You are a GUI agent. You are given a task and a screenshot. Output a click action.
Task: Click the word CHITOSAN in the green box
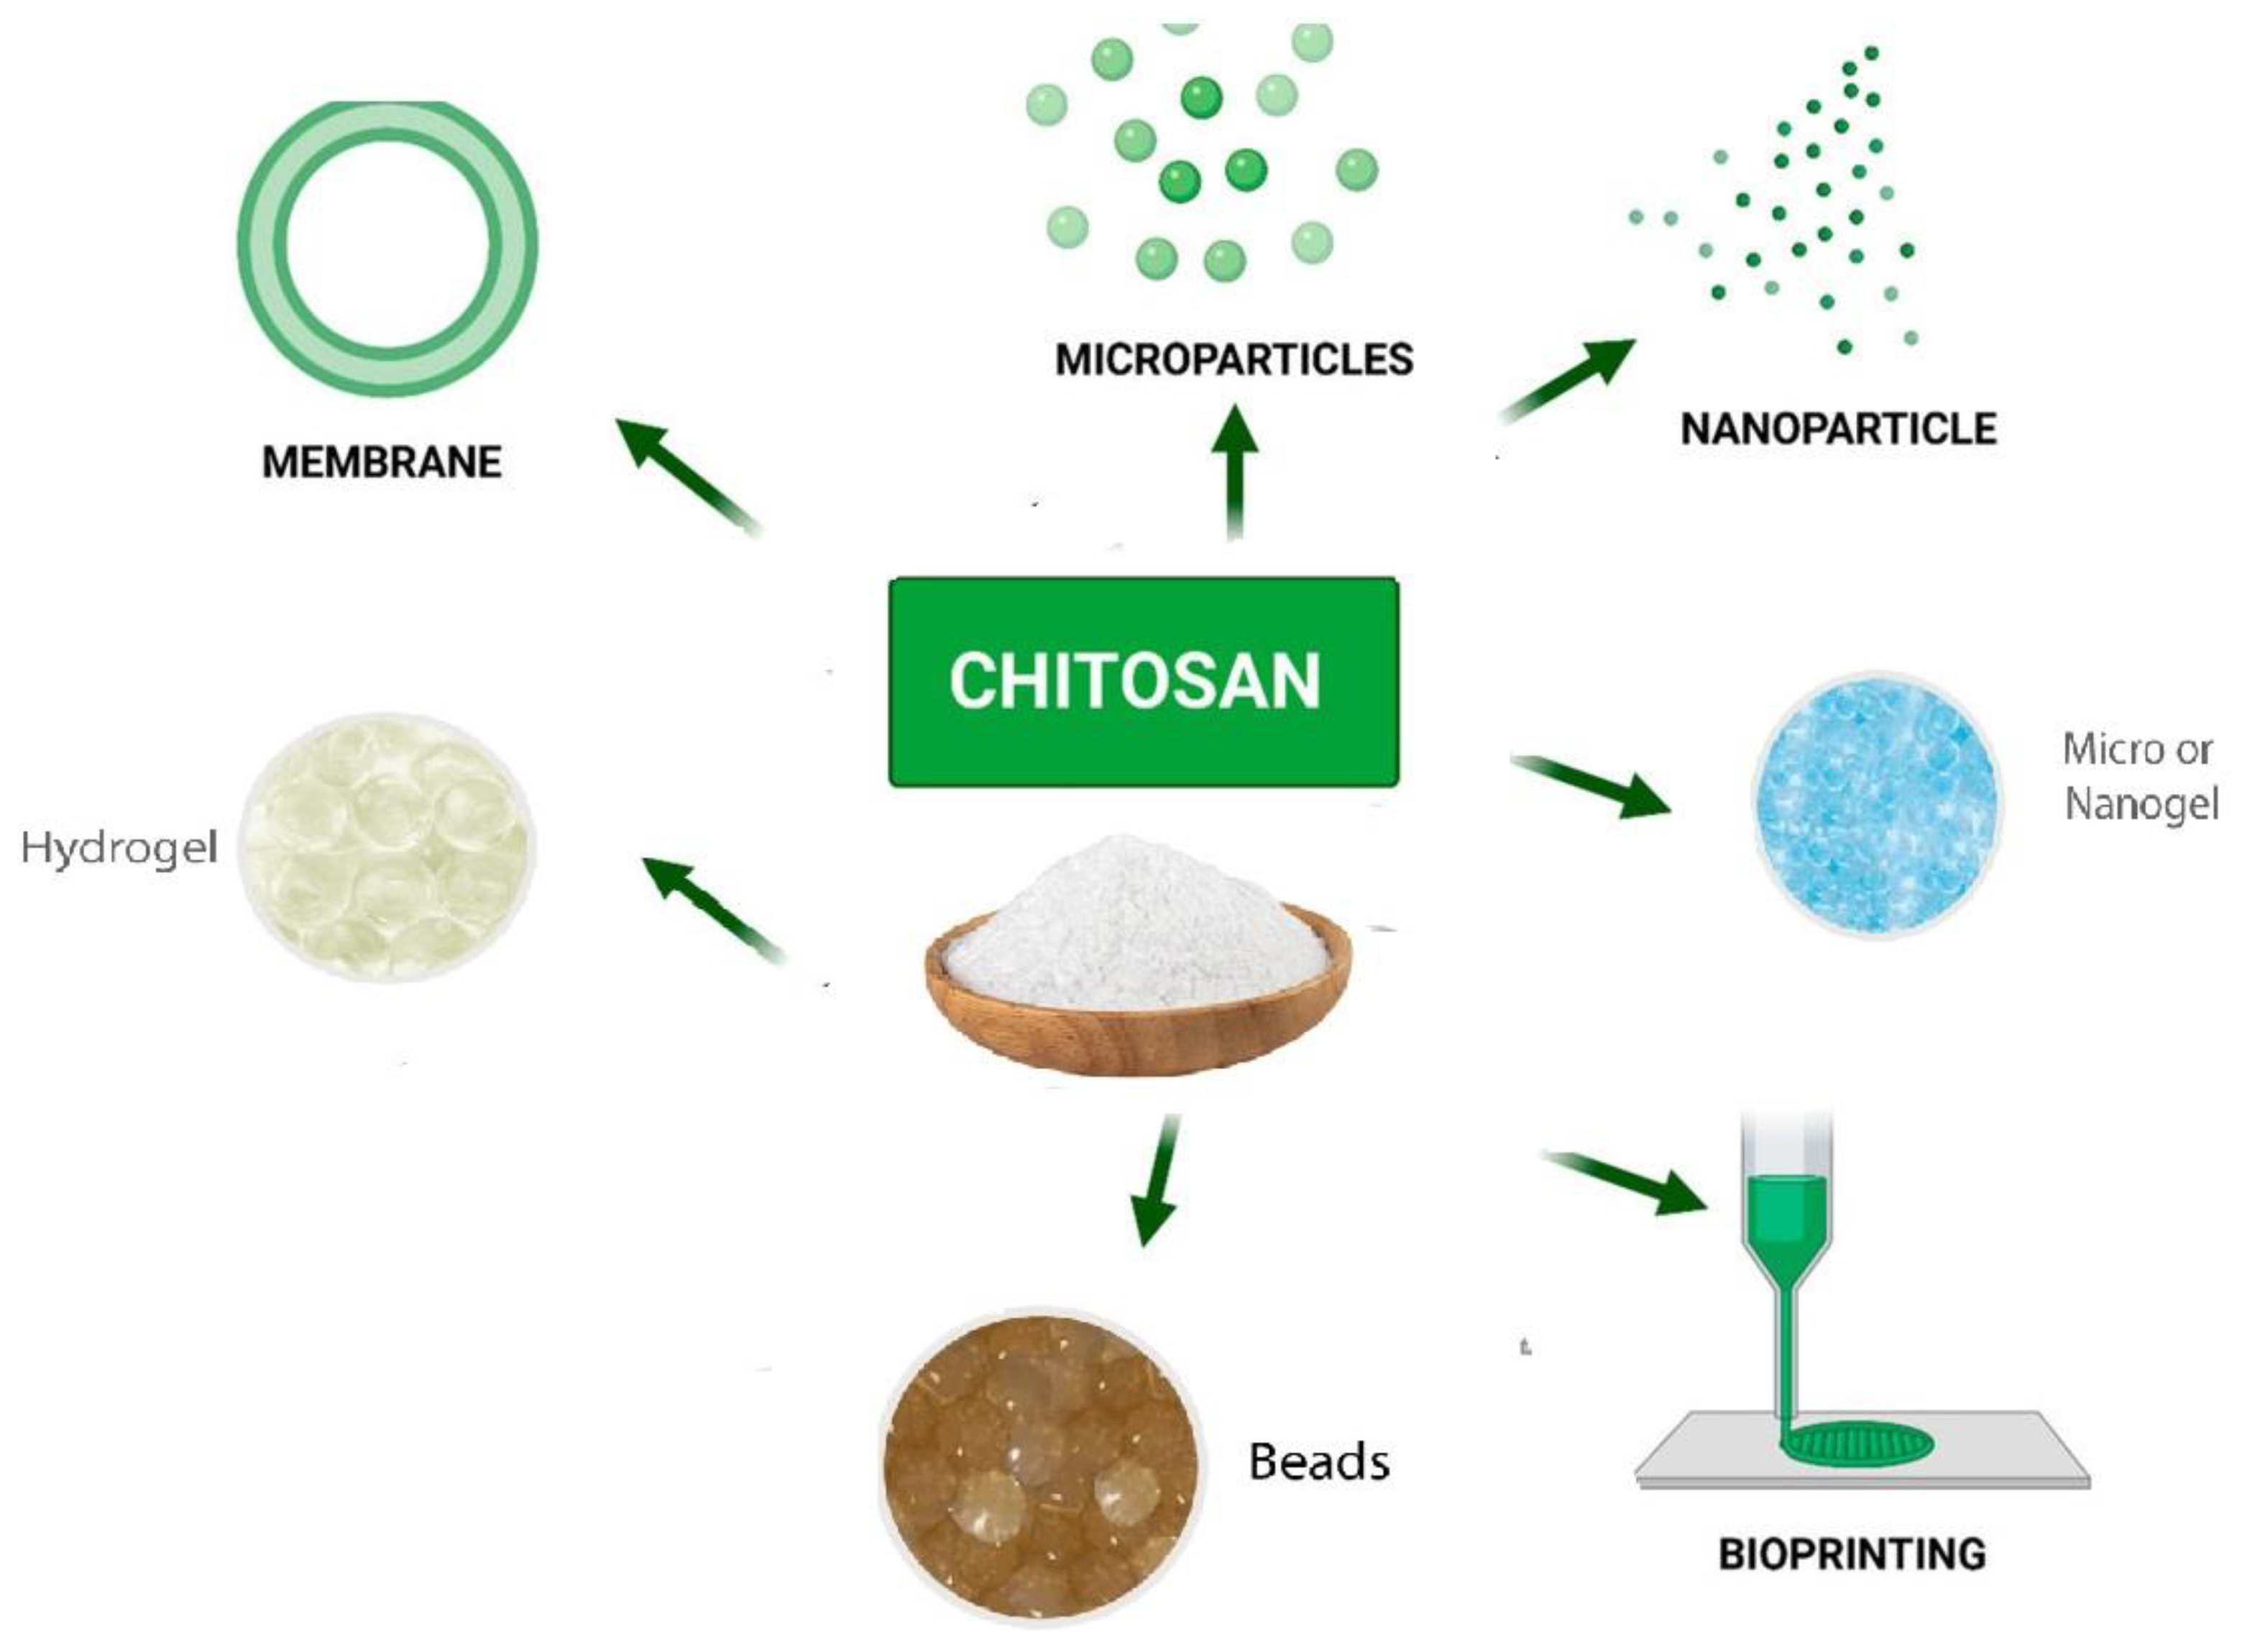1135,681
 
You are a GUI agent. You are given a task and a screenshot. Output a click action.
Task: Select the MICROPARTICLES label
1233,359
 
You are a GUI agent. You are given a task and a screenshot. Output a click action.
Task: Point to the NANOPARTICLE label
1838,429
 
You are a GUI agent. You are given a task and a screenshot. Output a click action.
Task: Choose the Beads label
1318,1462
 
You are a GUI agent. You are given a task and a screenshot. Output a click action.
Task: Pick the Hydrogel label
119,847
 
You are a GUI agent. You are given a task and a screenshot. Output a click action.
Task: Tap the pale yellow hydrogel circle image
387,847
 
